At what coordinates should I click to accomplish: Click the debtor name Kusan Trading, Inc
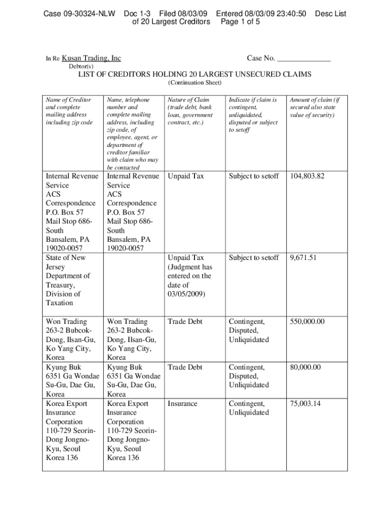click(91, 58)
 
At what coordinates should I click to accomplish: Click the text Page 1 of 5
click(241, 22)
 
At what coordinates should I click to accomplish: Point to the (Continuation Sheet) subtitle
click(194, 83)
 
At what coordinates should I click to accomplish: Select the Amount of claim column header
click(314, 100)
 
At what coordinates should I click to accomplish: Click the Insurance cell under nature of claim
click(183, 404)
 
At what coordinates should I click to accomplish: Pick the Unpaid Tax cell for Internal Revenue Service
click(186, 176)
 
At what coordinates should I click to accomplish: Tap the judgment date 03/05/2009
click(186, 294)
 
